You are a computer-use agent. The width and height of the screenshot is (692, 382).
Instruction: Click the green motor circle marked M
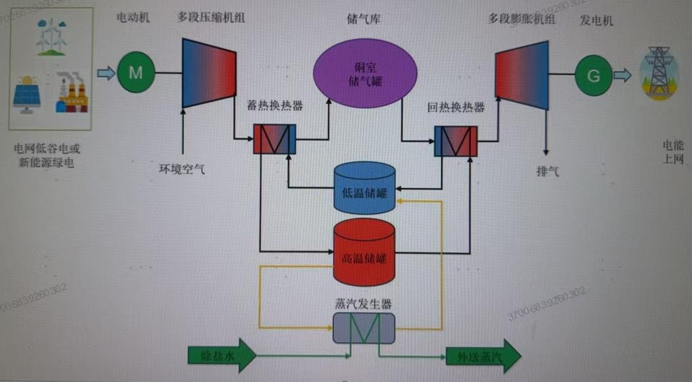tap(136, 72)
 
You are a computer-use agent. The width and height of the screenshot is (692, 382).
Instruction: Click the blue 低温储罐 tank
tap(363, 188)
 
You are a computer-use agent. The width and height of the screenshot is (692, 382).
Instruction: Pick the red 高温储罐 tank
tap(363, 253)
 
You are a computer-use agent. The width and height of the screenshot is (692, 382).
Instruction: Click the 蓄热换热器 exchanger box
tap(274, 139)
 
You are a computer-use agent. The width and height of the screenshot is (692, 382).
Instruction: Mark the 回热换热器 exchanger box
tap(456, 141)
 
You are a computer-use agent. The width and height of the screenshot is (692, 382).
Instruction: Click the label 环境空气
tap(182, 170)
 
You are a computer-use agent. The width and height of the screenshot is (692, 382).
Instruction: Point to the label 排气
tap(547, 171)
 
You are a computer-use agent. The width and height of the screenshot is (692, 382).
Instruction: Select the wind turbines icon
tap(51, 36)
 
